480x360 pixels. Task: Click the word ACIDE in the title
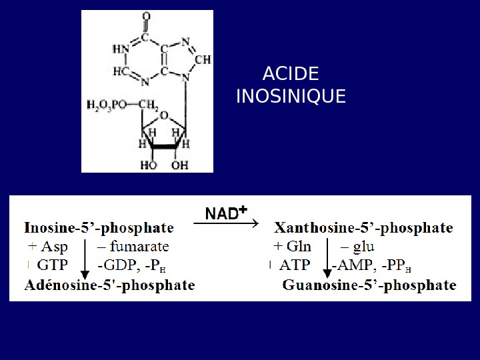pos(291,74)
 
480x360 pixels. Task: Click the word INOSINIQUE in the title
pos(291,97)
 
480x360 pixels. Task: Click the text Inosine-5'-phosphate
pos(99,229)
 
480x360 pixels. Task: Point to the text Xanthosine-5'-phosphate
pos(364,229)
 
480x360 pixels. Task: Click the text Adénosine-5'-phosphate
pos(110,285)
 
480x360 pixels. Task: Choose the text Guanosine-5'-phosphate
pos(369,285)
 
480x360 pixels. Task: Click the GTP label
pos(54,265)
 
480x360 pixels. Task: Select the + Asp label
pos(48,247)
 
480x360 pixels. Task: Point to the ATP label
pos(295,265)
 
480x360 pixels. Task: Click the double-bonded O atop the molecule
pos(146,16)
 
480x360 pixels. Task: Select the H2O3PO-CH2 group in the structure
pos(123,104)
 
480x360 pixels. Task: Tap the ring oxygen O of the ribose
pos(165,114)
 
